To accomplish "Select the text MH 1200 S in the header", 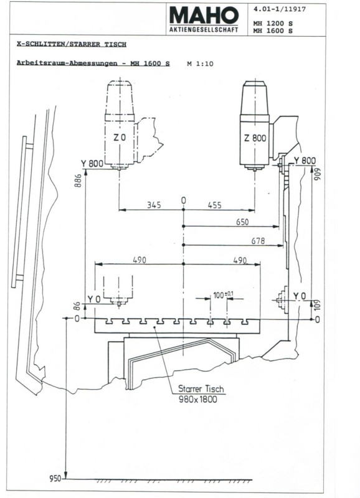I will [x=272, y=23].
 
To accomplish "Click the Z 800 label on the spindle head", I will [x=255, y=139].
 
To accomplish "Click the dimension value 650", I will [x=244, y=221].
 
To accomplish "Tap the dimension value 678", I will [x=258, y=241].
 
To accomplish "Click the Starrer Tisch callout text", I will [x=200, y=390].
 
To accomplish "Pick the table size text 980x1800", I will [x=200, y=401].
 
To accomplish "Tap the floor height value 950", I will [x=55, y=479].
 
